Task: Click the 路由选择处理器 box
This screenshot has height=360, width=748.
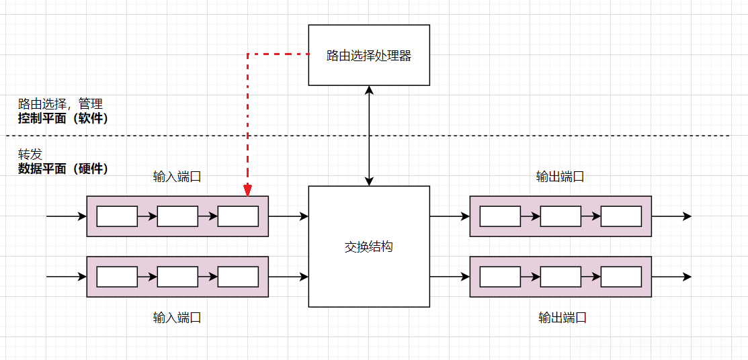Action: pyautogui.click(x=368, y=55)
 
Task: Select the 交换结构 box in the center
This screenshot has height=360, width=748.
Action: pyautogui.click(x=368, y=246)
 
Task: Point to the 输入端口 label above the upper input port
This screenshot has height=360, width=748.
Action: pyautogui.click(x=177, y=177)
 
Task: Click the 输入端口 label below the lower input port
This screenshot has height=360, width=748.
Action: pyautogui.click(x=177, y=318)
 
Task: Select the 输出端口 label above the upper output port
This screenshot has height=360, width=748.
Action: pyautogui.click(x=560, y=177)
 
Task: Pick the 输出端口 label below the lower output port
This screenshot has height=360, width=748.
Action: pyautogui.click(x=563, y=318)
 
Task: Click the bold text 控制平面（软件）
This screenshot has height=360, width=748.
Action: pyautogui.click(x=63, y=118)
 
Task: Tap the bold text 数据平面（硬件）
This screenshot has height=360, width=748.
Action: pyautogui.click(x=63, y=169)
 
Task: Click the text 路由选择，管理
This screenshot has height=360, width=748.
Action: pyautogui.click(x=60, y=104)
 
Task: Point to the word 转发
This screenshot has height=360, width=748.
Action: pyautogui.click(x=30, y=154)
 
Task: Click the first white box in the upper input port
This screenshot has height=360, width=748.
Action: pyautogui.click(x=117, y=216)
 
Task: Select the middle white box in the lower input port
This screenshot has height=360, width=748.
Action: pyautogui.click(x=177, y=277)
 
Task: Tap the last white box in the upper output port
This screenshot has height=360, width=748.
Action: pyautogui.click(x=621, y=216)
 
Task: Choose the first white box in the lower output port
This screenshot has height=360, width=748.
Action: pyautogui.click(x=500, y=277)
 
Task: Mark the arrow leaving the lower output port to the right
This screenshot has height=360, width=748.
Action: pyautogui.click(x=671, y=277)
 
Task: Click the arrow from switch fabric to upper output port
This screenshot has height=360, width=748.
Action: pyautogui.click(x=449, y=216)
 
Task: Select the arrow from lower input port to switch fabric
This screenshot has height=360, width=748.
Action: pyautogui.click(x=288, y=277)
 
